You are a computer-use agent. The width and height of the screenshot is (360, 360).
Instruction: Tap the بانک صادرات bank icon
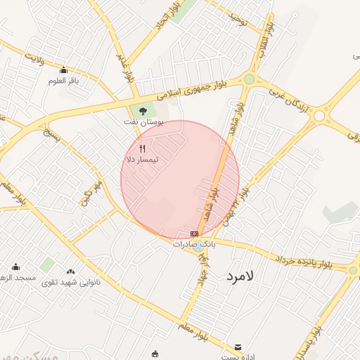point(194,233)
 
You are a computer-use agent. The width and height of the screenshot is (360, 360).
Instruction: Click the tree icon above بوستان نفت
point(143,110)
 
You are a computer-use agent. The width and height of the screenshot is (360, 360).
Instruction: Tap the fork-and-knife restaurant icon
point(143,148)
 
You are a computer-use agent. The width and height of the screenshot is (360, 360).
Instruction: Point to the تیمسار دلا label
point(142,160)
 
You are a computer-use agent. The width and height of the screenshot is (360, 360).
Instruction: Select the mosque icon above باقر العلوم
point(64,70)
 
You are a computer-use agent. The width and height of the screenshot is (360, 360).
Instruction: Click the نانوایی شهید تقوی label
point(70,282)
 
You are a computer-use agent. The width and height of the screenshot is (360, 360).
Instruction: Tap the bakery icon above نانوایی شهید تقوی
point(70,271)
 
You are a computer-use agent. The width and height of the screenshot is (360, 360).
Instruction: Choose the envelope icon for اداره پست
point(238,347)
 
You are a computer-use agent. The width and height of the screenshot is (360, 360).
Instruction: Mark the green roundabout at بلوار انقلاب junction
point(249,79)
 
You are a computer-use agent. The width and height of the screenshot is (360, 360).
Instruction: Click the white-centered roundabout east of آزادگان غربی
point(320,115)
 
